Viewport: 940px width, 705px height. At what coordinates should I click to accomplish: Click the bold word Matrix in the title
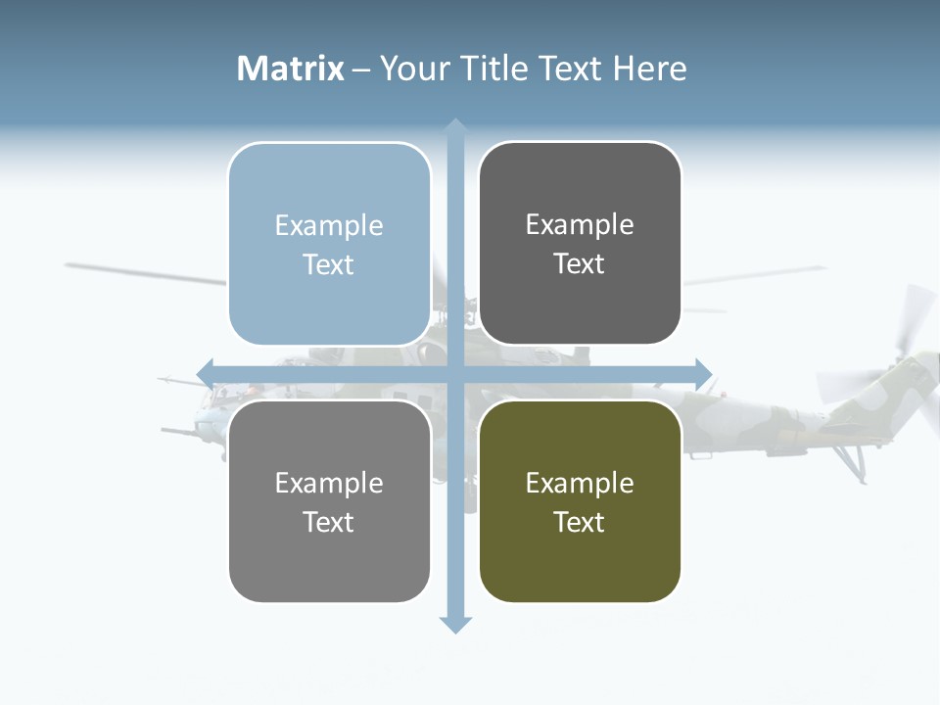point(291,69)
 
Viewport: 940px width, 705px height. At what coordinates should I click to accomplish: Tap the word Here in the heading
point(650,69)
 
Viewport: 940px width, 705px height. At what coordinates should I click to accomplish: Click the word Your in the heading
point(411,69)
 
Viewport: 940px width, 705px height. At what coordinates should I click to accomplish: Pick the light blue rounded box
point(329,244)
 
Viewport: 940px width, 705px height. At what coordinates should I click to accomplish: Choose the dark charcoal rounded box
point(580,244)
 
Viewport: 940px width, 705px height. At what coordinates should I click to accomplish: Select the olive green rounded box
point(580,501)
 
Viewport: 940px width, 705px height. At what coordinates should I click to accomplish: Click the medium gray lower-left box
point(329,501)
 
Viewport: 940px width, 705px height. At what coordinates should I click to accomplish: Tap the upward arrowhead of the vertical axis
point(454,127)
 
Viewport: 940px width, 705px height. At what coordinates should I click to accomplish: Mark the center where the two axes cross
point(454,373)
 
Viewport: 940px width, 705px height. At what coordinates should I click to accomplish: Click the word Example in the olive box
point(580,483)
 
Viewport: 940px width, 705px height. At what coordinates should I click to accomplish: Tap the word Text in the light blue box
point(329,264)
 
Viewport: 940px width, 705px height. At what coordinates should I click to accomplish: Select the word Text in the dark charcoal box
point(580,263)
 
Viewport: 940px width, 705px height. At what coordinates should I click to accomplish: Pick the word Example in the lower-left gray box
point(329,483)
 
